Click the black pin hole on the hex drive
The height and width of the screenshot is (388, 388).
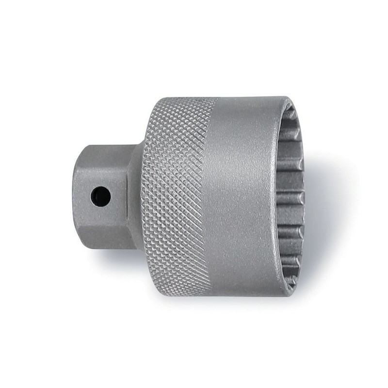pos(100,196)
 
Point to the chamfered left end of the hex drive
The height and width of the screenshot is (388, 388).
pos(78,196)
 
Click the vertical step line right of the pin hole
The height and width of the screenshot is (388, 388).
pos(127,196)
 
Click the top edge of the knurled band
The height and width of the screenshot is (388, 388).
pos(184,98)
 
